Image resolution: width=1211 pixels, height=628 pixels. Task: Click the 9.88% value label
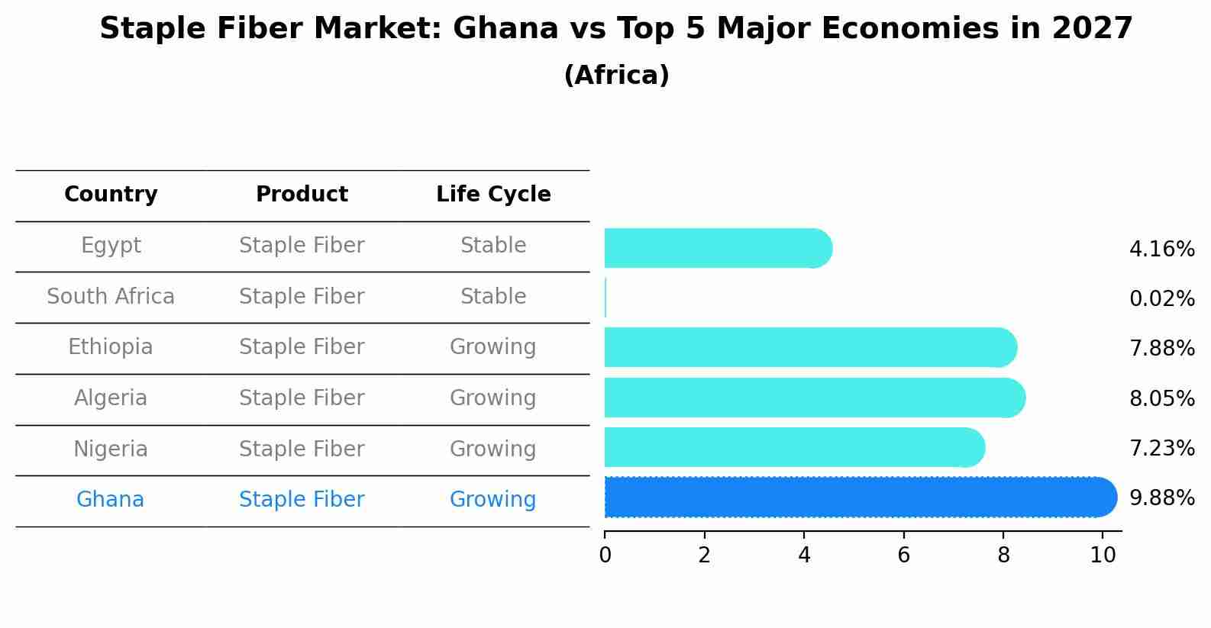pos(1161,498)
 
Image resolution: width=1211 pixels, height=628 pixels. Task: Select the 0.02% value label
pos(1161,298)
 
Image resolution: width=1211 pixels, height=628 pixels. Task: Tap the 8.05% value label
pos(1161,398)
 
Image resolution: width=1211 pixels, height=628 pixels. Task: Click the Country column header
pos(111,195)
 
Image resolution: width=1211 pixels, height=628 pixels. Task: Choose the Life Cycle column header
pos(493,195)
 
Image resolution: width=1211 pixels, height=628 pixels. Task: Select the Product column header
pos(302,195)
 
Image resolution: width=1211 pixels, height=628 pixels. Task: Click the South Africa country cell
pos(111,296)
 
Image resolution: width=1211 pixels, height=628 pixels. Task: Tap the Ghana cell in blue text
pos(111,500)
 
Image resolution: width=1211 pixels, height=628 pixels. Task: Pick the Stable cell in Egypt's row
pos(493,246)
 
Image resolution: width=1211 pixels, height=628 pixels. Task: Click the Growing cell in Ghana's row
pos(493,500)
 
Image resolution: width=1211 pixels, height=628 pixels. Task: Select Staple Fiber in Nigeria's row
pos(302,449)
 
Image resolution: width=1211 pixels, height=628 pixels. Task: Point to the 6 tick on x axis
pos(903,556)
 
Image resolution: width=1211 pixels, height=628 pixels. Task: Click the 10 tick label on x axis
pos(1103,556)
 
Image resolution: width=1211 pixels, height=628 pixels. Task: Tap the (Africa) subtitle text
pos(616,76)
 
